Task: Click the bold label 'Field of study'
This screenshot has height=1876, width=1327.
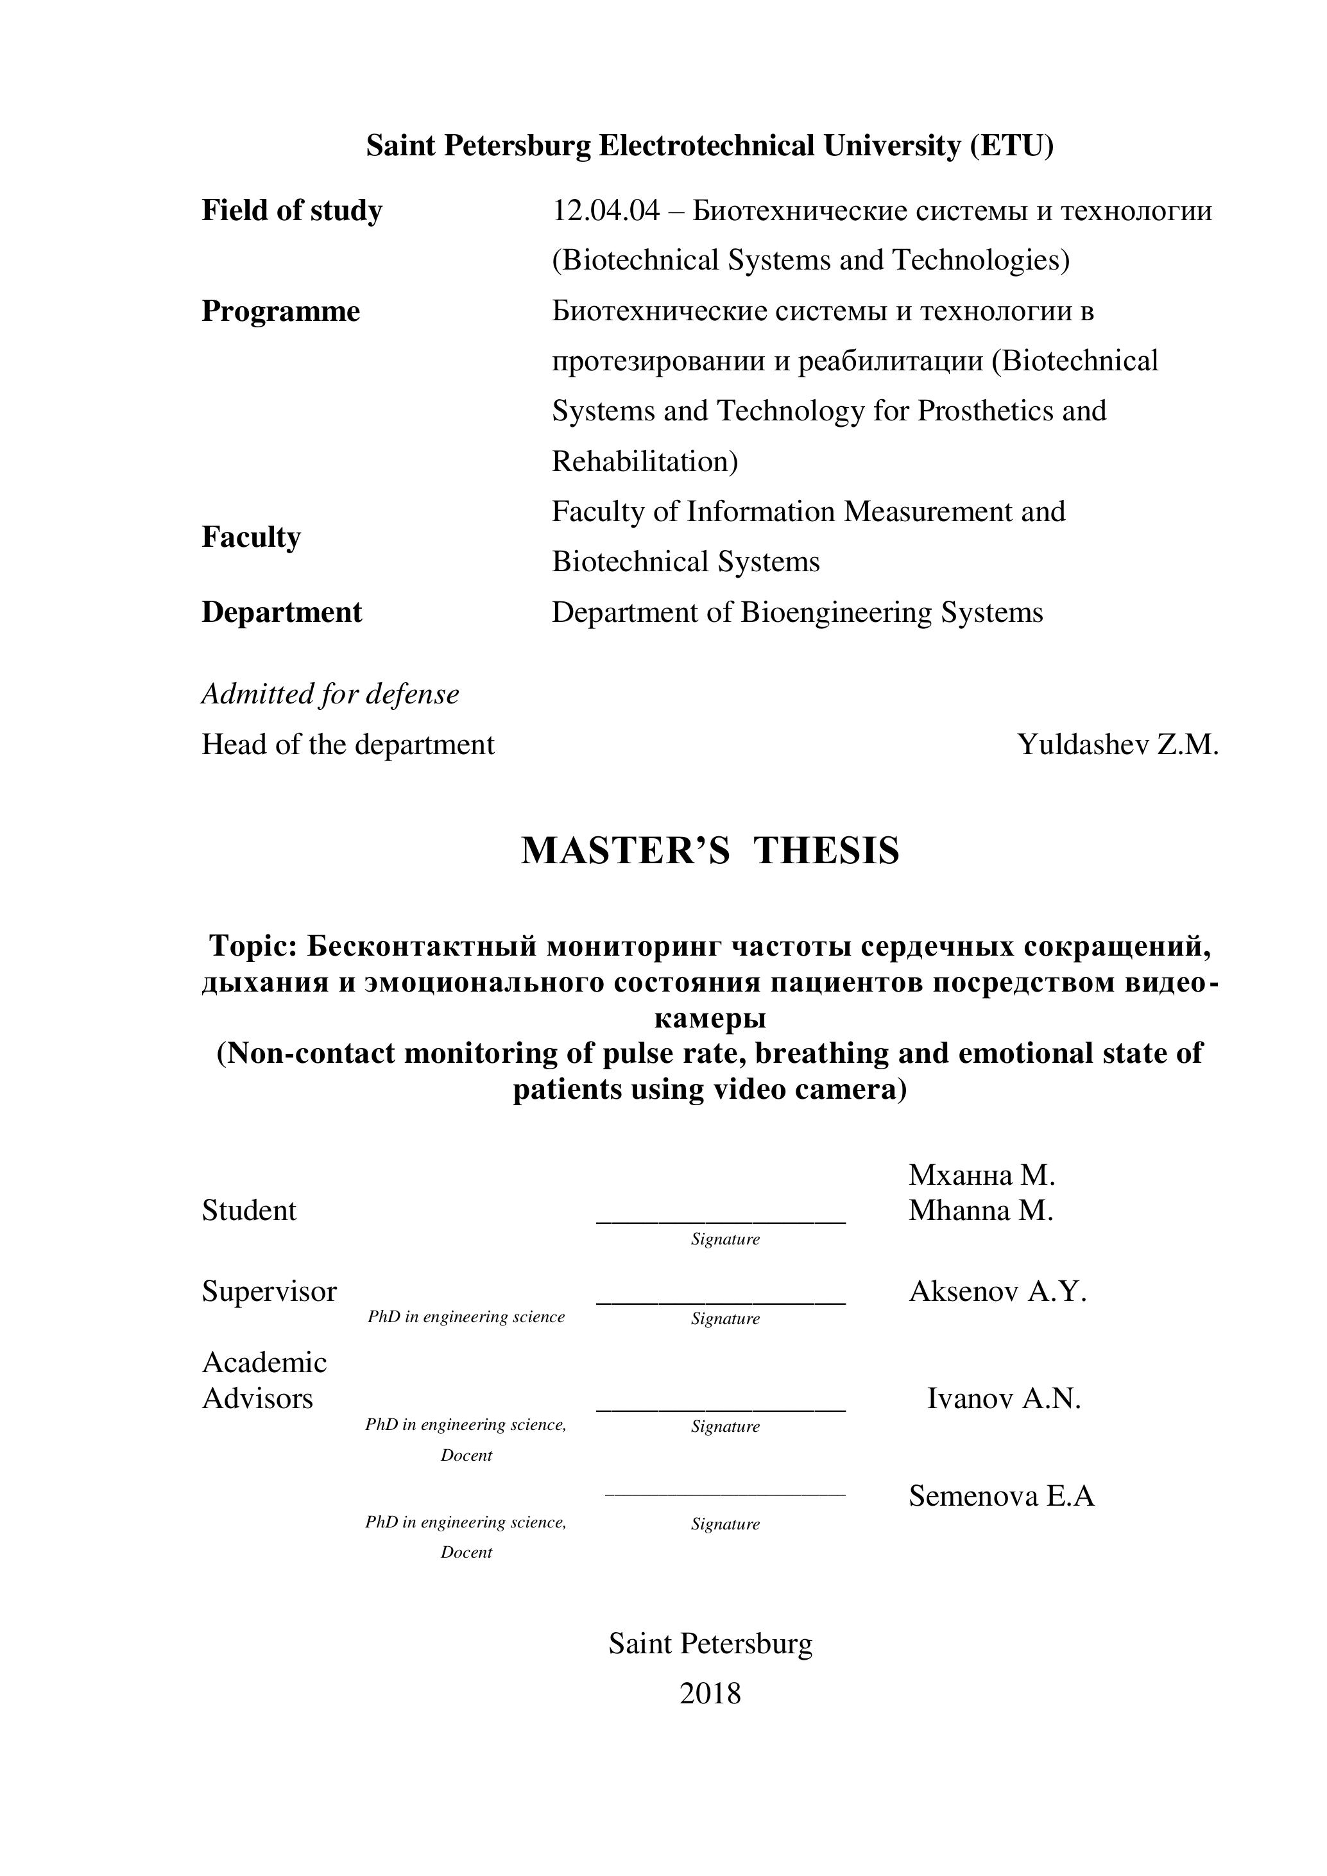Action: [x=292, y=211]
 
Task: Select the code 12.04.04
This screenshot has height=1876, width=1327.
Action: [x=606, y=211]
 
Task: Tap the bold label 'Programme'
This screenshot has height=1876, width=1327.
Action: [x=280, y=311]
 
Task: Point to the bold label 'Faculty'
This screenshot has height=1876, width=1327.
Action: [x=251, y=537]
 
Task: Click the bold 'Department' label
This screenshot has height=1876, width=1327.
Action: [x=281, y=612]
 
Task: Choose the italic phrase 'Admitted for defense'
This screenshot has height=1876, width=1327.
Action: [x=330, y=694]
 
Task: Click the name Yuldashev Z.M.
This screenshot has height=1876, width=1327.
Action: [x=1117, y=744]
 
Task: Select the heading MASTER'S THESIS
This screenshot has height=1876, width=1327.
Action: [x=710, y=850]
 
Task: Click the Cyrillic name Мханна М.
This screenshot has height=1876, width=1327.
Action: [x=981, y=1175]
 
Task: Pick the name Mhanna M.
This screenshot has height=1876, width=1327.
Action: [x=980, y=1210]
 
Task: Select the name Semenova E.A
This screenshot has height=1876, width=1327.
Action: [x=1001, y=1495]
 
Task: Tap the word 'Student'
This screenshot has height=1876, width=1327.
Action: [x=248, y=1210]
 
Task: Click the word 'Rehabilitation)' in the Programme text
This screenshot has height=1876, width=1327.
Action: [x=645, y=461]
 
